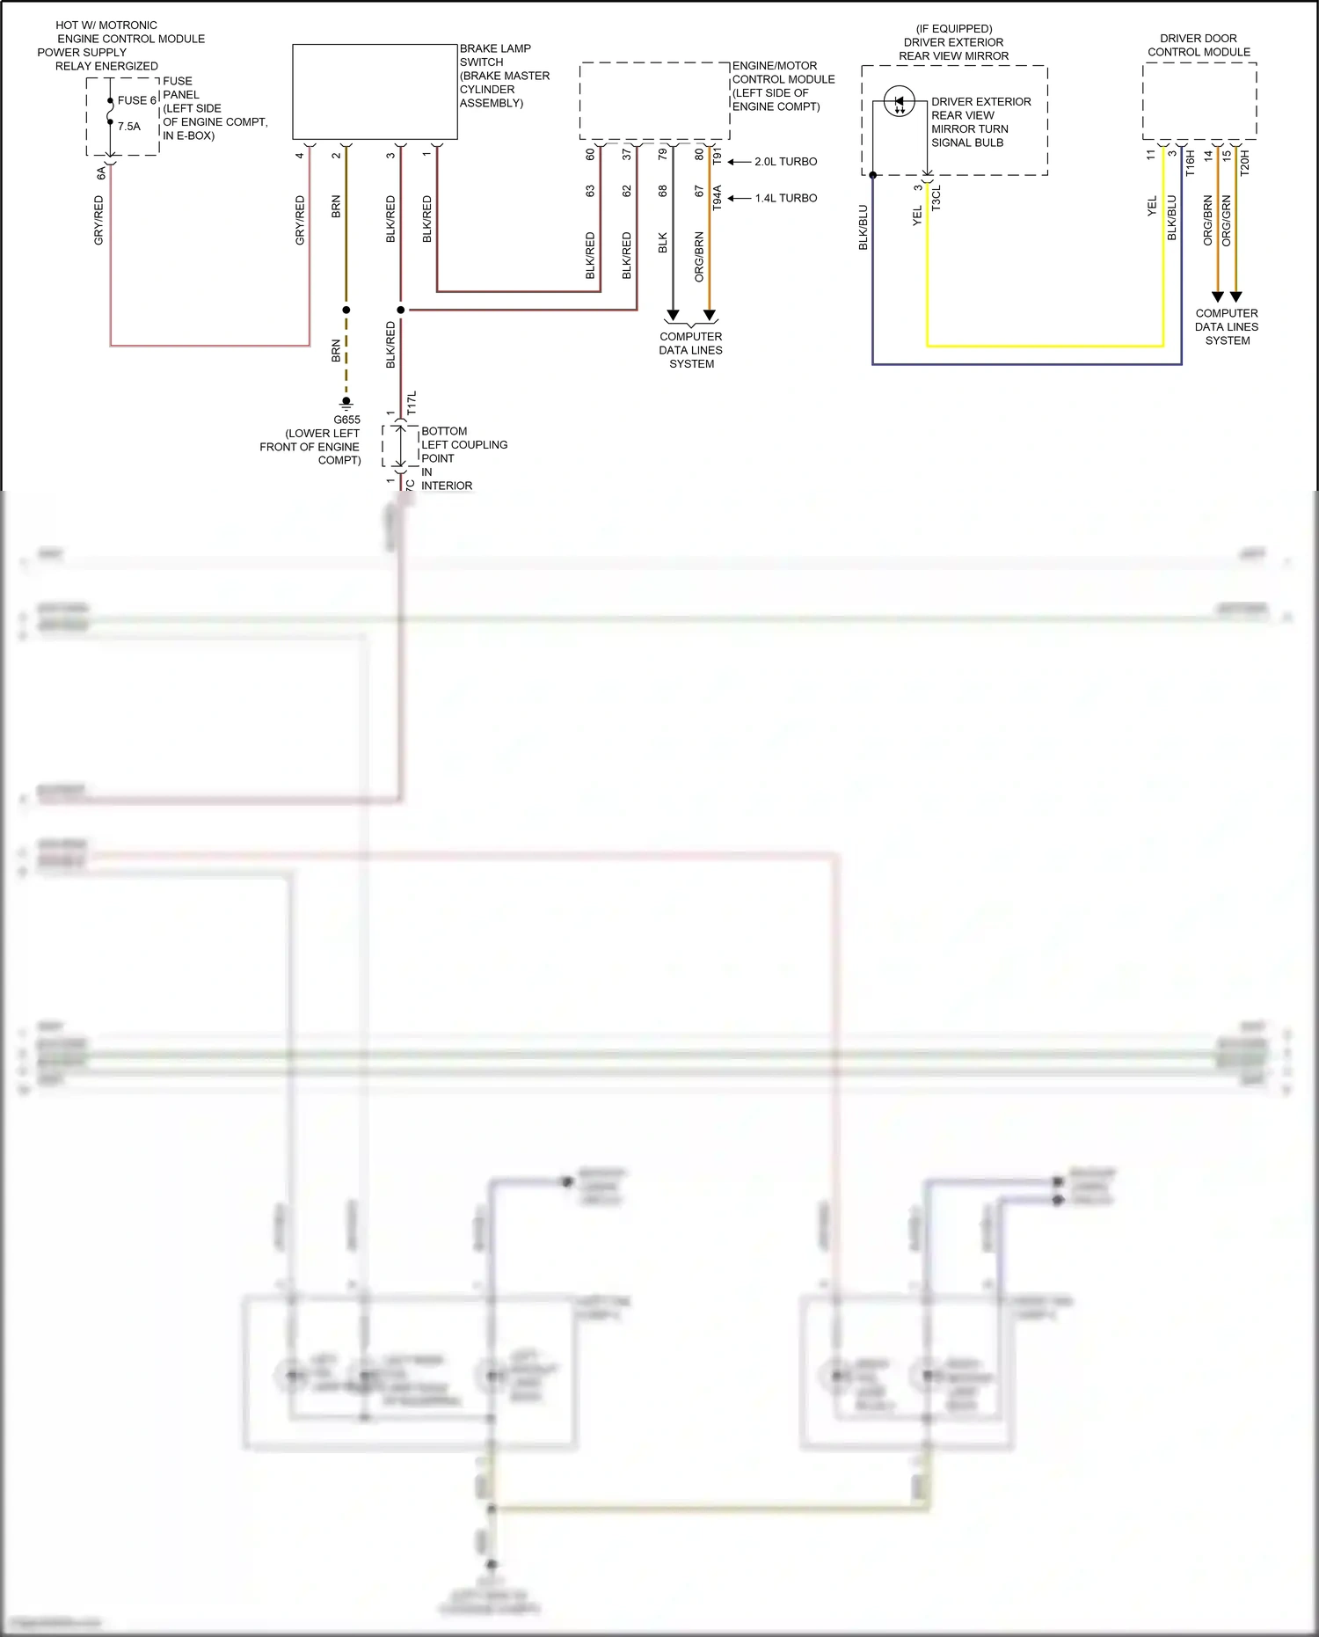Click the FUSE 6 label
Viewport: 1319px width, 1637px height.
[x=136, y=100]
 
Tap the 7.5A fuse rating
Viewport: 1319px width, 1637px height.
[x=129, y=127]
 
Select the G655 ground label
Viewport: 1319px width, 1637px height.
[x=346, y=420]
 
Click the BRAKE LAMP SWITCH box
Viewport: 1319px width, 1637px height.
[x=375, y=91]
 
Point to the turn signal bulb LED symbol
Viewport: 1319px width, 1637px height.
[x=899, y=101]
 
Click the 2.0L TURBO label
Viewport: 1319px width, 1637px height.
[x=785, y=162]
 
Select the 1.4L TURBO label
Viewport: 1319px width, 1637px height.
[x=785, y=198]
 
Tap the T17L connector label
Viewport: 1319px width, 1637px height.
[x=412, y=403]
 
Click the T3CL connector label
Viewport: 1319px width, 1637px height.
[x=936, y=197]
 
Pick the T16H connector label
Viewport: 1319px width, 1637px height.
[x=1190, y=163]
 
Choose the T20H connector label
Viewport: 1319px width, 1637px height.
[x=1244, y=163]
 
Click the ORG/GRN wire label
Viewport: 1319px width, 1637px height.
[x=1227, y=220]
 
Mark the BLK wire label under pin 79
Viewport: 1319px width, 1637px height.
[x=663, y=243]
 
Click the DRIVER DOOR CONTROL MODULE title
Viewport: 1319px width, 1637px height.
[x=1199, y=45]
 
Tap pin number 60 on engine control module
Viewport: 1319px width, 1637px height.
[x=590, y=154]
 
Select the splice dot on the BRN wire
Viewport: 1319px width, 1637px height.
[x=346, y=310]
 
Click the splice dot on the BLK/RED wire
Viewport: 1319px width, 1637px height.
[x=401, y=310]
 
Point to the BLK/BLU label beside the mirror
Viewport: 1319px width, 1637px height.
[x=863, y=227]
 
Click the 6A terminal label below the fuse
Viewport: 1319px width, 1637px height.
[x=100, y=173]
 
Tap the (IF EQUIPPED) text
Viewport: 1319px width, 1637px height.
[x=954, y=28]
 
